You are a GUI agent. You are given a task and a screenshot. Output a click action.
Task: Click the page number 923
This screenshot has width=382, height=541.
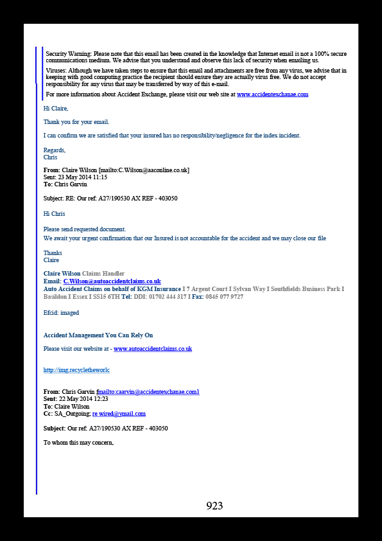[x=214, y=506]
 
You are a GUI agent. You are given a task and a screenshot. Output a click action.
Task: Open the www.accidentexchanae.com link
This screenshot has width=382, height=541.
[x=272, y=94]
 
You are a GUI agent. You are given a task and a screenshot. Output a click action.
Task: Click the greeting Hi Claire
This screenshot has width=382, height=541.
[x=56, y=109]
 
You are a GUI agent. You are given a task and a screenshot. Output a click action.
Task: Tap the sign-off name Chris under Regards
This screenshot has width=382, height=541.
[x=50, y=157]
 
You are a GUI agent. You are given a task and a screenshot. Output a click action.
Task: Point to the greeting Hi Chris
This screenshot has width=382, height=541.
[x=54, y=214]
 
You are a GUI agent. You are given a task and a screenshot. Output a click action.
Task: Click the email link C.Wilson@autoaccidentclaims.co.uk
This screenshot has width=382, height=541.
[x=112, y=281]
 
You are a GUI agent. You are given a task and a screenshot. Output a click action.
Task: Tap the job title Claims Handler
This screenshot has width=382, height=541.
[x=103, y=274]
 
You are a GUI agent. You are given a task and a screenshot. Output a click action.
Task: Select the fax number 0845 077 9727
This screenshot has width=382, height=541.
[x=224, y=296]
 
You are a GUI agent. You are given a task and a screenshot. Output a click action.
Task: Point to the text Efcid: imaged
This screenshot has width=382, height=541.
[x=61, y=313]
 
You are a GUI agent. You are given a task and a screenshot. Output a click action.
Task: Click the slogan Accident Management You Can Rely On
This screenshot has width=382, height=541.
[x=98, y=335]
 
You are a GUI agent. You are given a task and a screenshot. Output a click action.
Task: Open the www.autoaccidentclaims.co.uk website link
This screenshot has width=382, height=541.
[x=153, y=349]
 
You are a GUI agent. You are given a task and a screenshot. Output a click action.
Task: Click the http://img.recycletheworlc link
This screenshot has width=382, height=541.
[x=76, y=370]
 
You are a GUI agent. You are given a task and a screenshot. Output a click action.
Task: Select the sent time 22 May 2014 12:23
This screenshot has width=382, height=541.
[x=82, y=399]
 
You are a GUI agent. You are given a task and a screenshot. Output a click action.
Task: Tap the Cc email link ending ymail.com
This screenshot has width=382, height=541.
[x=119, y=414]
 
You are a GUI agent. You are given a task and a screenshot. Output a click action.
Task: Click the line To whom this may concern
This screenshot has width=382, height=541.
[x=78, y=442]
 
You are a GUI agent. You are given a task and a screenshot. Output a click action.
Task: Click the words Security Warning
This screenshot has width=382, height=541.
[x=69, y=54]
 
